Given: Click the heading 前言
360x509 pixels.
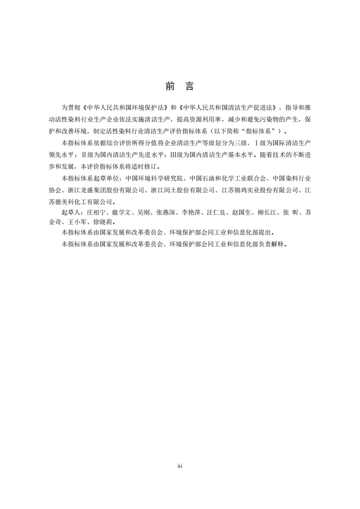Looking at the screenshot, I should click(180, 86).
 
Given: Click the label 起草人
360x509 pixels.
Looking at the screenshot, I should click(70, 212).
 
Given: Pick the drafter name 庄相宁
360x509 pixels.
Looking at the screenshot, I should click(94, 212).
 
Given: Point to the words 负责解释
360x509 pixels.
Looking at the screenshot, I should click(273, 244).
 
